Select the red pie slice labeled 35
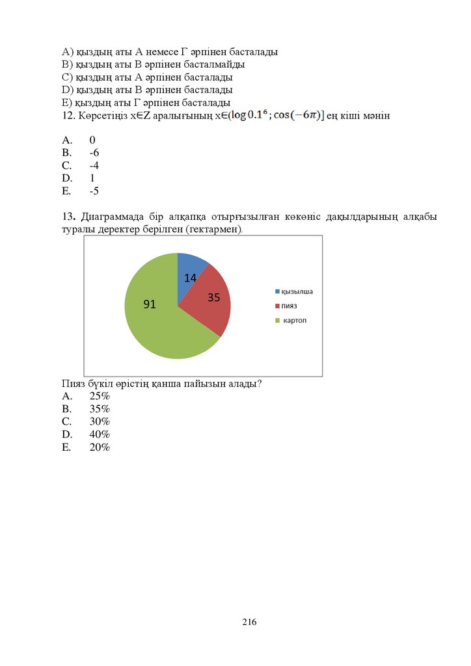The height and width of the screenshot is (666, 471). [x=207, y=306]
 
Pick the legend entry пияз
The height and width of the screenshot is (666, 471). [x=289, y=306]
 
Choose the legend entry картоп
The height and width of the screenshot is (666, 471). [x=294, y=321]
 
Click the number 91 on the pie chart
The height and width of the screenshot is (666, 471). [x=150, y=303]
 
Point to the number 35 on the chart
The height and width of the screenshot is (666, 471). [x=214, y=298]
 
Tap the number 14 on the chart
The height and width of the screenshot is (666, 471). [x=190, y=278]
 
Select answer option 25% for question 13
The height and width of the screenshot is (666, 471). [x=100, y=396]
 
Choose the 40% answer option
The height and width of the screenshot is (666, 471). [x=100, y=434]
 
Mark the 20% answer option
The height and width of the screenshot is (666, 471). [x=100, y=447]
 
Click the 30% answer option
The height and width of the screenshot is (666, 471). [x=100, y=421]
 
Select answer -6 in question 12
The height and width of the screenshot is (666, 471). [x=94, y=153]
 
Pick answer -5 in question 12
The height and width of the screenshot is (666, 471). [x=94, y=191]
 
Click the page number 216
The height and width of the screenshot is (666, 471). [x=249, y=622]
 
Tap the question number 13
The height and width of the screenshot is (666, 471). [x=68, y=217]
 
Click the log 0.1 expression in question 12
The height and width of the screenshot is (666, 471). [x=250, y=115]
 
